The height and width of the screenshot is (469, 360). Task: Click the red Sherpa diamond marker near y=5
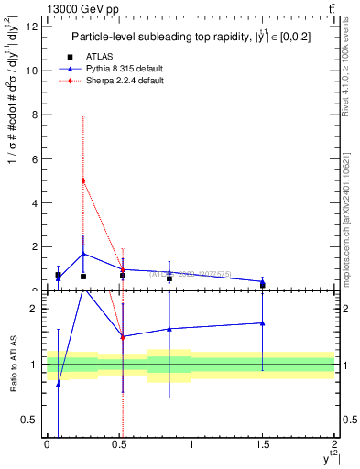pyautogui.click(x=83, y=180)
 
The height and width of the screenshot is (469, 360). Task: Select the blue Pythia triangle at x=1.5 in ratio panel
pyautogui.click(x=263, y=322)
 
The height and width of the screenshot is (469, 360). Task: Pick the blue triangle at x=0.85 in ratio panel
pyautogui.click(x=169, y=329)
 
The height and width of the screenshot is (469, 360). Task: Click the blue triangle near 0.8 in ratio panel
pyautogui.click(x=59, y=385)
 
